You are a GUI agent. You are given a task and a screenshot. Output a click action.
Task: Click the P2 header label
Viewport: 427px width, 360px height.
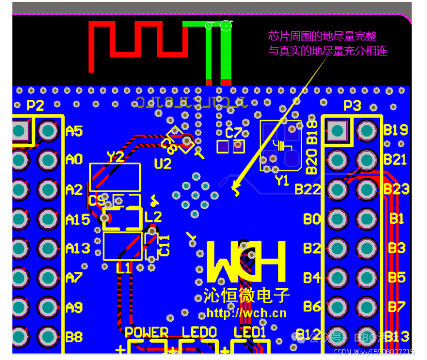tap(35, 105)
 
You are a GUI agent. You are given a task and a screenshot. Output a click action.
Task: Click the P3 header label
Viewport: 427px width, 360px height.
tap(352, 105)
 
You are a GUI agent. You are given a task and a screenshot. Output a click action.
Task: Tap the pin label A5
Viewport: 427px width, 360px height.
tap(74, 130)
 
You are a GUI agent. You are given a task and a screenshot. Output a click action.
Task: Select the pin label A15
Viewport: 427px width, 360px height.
tap(78, 219)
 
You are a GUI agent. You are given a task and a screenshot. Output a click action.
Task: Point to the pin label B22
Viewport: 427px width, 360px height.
tap(307, 189)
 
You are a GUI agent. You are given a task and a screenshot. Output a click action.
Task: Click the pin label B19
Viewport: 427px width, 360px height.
tap(396, 130)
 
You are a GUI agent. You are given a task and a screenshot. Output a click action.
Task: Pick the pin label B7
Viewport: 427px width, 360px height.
tap(396, 307)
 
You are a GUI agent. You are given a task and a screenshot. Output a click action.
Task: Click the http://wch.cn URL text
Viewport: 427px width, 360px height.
tap(246, 312)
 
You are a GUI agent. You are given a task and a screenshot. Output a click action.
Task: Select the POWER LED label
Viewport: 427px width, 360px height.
tap(146, 333)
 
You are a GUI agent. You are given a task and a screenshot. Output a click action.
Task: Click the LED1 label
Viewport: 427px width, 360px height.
tap(250, 333)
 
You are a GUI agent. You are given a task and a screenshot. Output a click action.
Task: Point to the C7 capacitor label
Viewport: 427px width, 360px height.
tap(234, 132)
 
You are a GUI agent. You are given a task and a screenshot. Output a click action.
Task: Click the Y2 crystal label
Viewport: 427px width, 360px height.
tap(116, 157)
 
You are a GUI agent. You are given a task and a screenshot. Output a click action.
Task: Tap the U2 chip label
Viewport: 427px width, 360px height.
tap(162, 164)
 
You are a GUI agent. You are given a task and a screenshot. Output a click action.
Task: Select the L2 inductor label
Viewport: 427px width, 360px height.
tap(153, 217)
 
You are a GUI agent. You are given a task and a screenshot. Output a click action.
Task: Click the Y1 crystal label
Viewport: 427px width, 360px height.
tap(282, 181)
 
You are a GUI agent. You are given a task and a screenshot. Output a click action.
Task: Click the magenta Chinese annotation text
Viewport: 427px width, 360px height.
tap(327, 43)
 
